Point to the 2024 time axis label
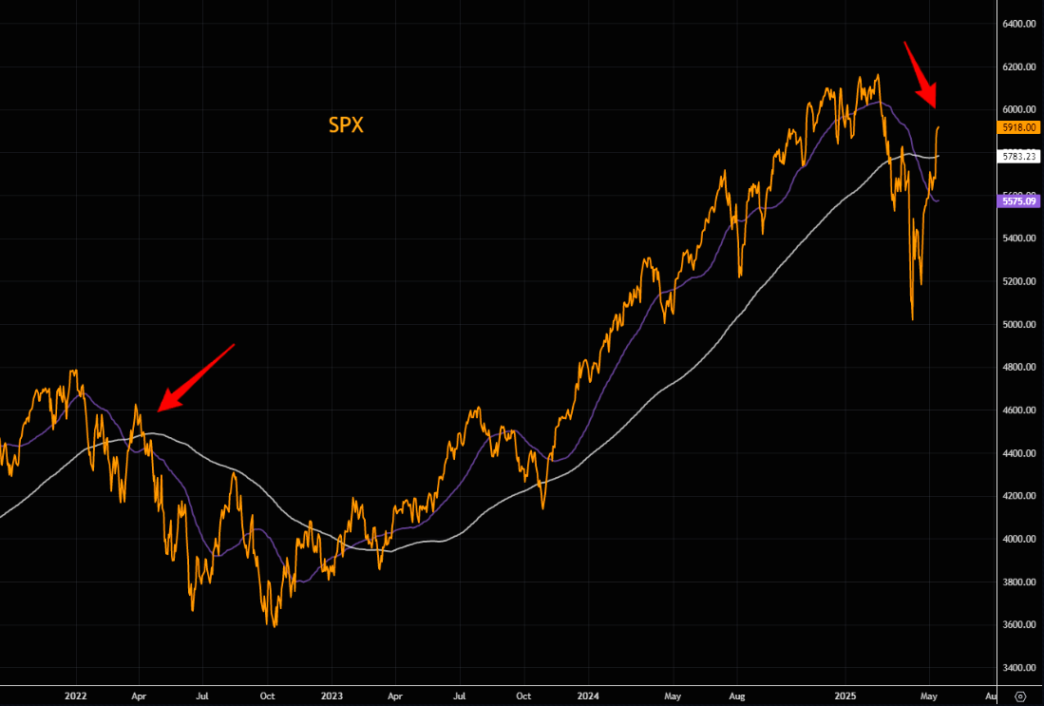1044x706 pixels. pos(588,695)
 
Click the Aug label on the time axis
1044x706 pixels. pos(738,695)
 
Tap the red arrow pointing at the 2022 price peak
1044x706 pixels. pos(195,377)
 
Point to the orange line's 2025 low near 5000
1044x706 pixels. pos(912,319)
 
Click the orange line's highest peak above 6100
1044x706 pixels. pos(878,75)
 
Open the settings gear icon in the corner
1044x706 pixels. pos(1020,695)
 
